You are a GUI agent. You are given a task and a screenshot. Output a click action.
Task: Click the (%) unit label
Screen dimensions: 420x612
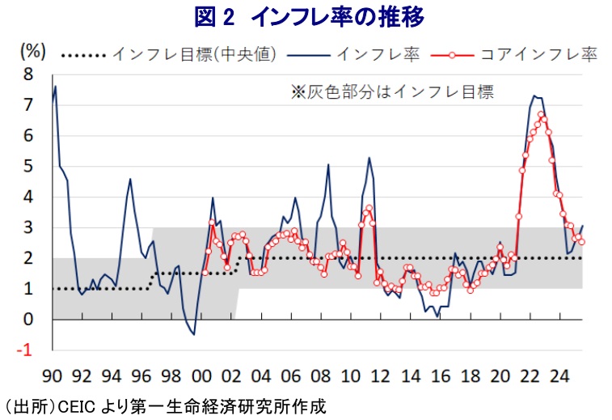(32, 50)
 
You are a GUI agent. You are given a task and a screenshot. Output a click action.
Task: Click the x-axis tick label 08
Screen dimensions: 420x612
(322, 376)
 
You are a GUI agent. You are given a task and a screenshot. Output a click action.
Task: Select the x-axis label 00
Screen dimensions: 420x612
(203, 376)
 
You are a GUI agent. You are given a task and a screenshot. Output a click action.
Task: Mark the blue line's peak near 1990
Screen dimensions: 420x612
(55, 87)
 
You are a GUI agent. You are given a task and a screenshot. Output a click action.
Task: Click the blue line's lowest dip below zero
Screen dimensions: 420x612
(193, 334)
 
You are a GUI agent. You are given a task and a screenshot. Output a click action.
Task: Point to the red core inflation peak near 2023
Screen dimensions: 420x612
(541, 114)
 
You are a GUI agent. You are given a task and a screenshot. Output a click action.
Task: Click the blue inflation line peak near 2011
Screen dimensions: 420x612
(369, 158)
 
